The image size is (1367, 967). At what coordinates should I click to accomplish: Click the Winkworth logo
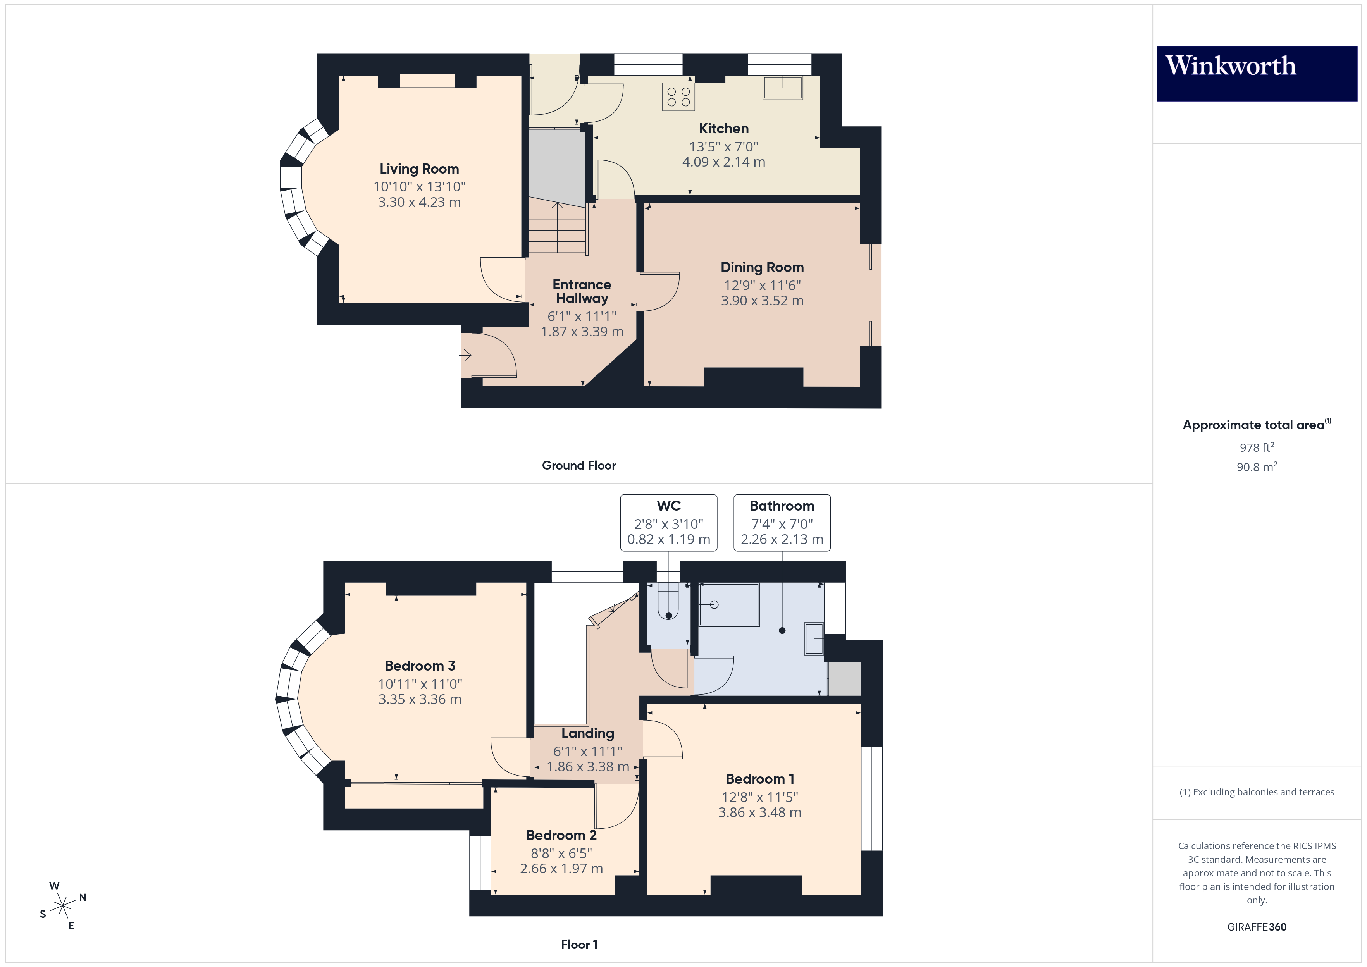tap(1256, 73)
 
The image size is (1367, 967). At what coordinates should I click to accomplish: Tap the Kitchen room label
tap(723, 129)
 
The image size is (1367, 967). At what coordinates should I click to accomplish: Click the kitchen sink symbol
tap(782, 88)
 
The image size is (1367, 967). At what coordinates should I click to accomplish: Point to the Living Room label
tap(419, 169)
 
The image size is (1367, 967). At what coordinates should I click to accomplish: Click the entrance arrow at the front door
tap(466, 356)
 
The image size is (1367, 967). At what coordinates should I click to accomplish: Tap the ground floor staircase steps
tap(558, 229)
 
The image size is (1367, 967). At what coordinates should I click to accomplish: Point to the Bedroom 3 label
tap(420, 666)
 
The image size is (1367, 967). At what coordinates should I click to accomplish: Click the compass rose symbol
tap(62, 906)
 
